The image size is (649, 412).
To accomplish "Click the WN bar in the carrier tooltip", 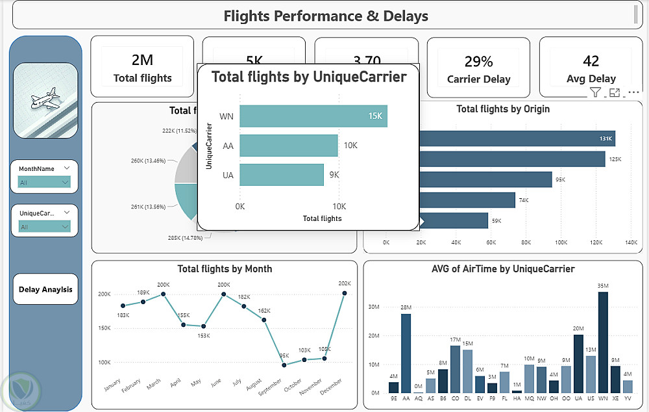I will click(x=313, y=116).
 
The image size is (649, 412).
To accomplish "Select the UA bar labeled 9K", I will click(x=281, y=175).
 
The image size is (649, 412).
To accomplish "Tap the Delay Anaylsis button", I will click(x=45, y=290).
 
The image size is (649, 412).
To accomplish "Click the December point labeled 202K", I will click(x=345, y=293).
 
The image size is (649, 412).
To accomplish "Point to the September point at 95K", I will click(x=284, y=365).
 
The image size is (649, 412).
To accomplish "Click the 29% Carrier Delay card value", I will click(x=478, y=62).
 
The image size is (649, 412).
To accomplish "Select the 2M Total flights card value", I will click(x=142, y=60).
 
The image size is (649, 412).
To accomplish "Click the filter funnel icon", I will click(x=595, y=93).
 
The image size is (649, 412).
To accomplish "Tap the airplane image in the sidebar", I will click(x=45, y=100).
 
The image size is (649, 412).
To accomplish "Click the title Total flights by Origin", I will click(x=503, y=109).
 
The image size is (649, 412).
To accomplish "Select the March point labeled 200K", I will click(x=164, y=294).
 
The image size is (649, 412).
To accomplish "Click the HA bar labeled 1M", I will click(x=517, y=391).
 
